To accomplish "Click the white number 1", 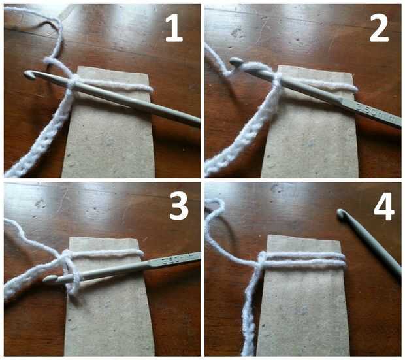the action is pyautogui.click(x=174, y=28).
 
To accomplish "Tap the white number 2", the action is pyautogui.click(x=379, y=28).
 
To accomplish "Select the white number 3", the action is pyautogui.click(x=179, y=206).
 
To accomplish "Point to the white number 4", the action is pyautogui.click(x=384, y=206).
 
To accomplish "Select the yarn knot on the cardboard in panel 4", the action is pyautogui.click(x=261, y=260).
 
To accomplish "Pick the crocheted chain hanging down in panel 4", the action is pyautogui.click(x=250, y=310).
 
